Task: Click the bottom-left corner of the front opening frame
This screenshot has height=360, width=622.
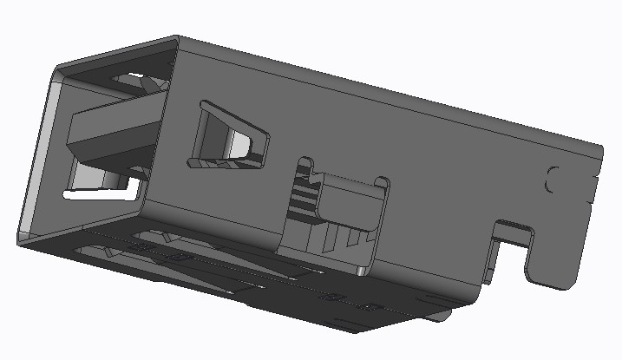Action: [21, 236]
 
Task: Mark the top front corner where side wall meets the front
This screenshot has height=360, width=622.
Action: [177, 39]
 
